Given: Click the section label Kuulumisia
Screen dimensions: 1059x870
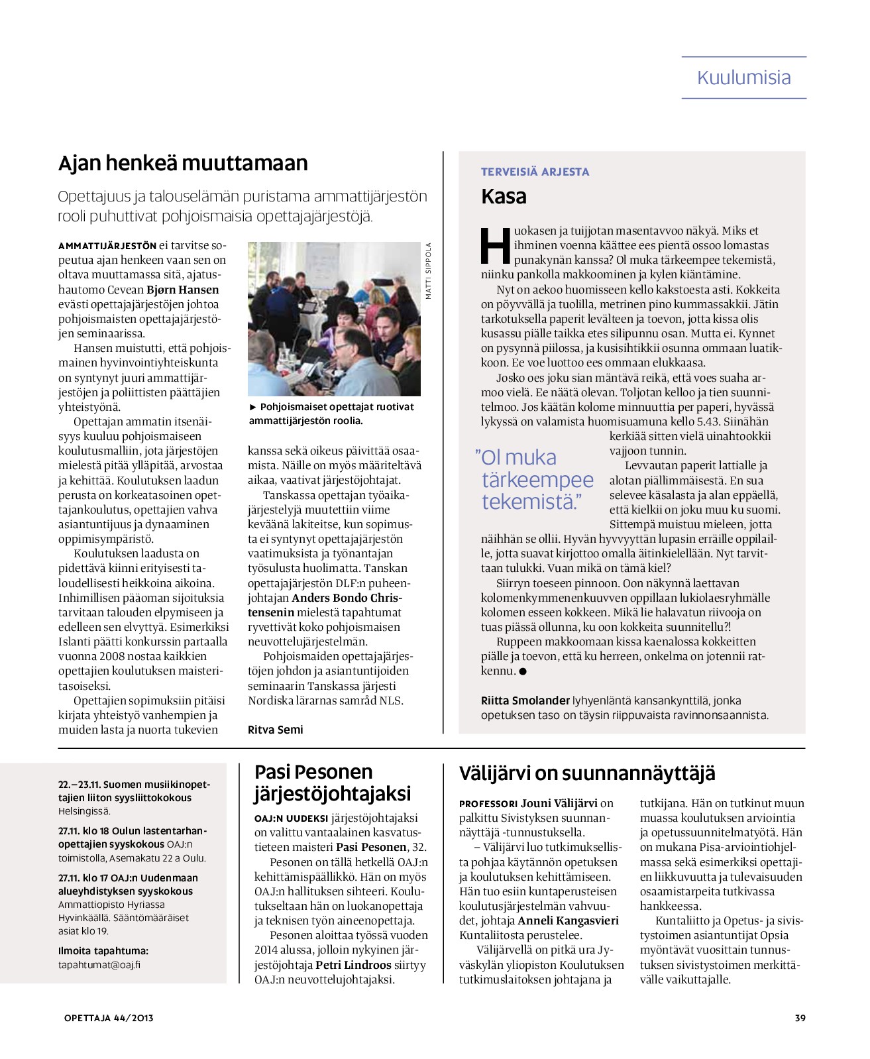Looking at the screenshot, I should coord(743,78).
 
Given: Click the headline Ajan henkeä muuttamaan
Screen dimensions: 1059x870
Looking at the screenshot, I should coord(183,163).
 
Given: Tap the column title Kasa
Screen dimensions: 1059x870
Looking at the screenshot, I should coord(504,196).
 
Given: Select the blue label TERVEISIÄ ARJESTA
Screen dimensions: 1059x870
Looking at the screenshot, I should coord(535,172).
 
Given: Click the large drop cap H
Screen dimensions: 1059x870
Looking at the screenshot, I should coord(496,246).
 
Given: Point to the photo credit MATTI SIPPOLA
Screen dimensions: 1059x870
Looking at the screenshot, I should coord(429,271).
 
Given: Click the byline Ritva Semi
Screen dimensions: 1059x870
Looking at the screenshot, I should coord(275,730).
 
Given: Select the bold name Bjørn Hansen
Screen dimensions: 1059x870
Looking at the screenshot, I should coord(182,290).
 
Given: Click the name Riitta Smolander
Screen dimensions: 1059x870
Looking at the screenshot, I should coord(525,700).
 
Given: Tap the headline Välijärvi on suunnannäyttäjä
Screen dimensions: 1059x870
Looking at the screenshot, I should coord(587,773).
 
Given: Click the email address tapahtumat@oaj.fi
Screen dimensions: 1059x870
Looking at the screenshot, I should coord(99,965).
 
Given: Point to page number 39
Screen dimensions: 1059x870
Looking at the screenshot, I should coord(800,1018).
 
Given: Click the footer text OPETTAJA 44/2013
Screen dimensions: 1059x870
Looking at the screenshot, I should coord(109,1018).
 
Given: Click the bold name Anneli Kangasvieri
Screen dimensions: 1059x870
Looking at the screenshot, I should coord(568,920).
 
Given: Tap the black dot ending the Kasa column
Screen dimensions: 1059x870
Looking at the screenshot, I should coord(523,671).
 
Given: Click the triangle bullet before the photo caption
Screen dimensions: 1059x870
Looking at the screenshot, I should coord(252,407).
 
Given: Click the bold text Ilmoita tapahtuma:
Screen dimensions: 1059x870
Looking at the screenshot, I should coord(103,951).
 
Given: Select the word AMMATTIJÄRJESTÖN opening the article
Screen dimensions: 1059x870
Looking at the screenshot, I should coord(107,246).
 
